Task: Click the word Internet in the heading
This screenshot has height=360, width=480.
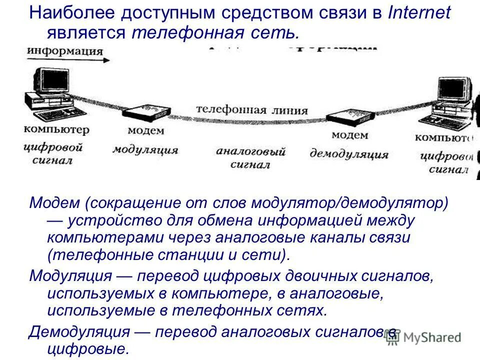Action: (419, 13)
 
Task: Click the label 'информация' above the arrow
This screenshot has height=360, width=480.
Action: (65, 51)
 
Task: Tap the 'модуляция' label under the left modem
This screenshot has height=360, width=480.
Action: (145, 149)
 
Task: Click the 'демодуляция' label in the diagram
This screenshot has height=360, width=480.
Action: (348, 153)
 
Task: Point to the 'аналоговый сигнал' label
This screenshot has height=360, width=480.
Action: (250, 157)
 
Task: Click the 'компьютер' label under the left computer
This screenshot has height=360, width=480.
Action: (56, 129)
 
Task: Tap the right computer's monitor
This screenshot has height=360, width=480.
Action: (455, 87)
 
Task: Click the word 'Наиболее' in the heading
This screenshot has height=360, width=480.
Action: (70, 13)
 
